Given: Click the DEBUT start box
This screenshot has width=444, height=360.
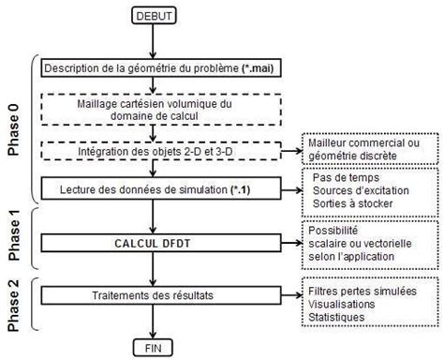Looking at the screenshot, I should pos(154,15).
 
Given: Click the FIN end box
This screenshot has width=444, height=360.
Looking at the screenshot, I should pos(155,345).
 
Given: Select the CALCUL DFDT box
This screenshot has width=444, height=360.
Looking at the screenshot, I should pos(155,242).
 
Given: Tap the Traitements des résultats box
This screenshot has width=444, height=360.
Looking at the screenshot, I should pos(155,295).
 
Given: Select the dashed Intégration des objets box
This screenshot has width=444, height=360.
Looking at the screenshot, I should pos(155,150).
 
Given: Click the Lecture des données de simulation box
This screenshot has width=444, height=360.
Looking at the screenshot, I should pos(155,190).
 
